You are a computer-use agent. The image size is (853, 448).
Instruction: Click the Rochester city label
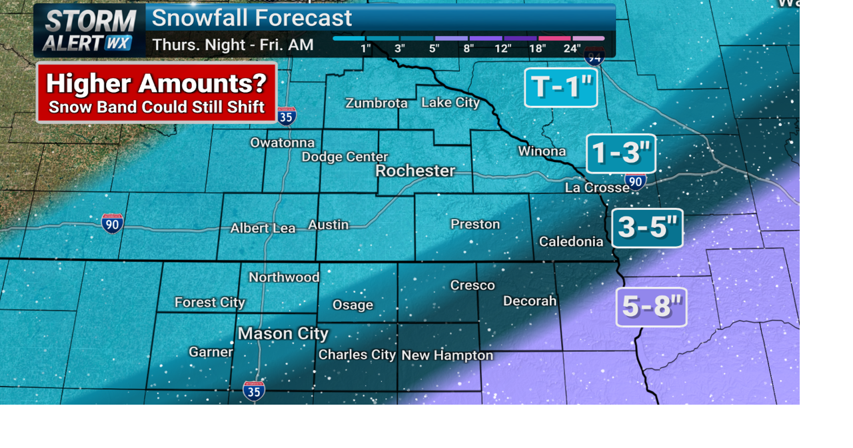415,171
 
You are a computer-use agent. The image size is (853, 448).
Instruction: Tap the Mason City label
283,333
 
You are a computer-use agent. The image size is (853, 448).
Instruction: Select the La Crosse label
597,188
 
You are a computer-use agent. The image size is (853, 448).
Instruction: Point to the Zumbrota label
377,103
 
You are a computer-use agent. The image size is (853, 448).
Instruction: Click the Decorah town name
530,301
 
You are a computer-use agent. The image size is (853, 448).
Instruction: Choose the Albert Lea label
263,228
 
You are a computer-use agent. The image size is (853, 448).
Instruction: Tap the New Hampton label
447,355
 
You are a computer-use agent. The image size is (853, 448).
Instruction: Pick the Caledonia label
571,241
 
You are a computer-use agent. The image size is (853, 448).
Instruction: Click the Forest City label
210,303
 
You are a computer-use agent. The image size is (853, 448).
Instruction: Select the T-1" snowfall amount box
561,87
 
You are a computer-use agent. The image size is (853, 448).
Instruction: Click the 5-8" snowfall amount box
652,307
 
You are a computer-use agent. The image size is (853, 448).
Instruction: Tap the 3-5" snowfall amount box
648,227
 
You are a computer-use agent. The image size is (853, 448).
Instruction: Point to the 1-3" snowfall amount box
621,153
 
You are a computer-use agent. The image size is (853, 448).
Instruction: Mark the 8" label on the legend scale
468,49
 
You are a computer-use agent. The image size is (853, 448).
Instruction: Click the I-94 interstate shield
594,57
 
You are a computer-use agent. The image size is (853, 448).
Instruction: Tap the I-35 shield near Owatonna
287,117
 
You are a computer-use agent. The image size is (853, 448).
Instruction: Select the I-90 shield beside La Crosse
635,181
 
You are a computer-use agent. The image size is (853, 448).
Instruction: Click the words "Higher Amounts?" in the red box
157,83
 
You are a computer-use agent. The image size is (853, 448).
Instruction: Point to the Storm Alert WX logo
89,31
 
